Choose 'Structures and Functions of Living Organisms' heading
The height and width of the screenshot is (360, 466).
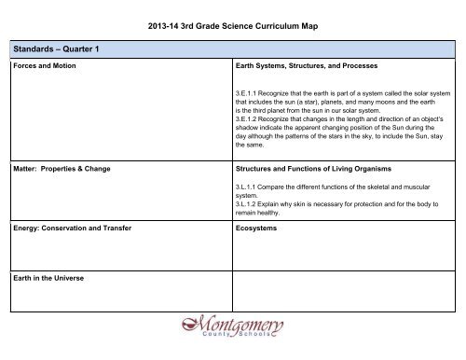[x=315, y=169]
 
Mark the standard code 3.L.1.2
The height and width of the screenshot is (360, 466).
[x=249, y=202]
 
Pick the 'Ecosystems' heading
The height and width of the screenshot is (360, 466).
[x=259, y=228]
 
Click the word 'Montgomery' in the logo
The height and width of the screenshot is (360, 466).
[x=233, y=329]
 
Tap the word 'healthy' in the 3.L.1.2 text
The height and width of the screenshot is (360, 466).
[x=275, y=211]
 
